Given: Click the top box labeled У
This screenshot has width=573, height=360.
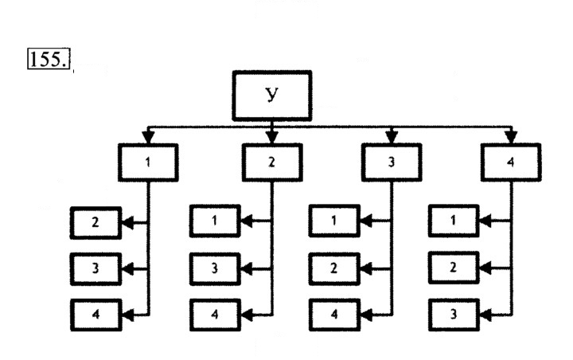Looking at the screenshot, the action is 272,96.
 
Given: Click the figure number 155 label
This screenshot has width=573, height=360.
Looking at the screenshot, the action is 49,58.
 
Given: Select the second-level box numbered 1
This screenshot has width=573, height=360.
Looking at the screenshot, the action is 148,162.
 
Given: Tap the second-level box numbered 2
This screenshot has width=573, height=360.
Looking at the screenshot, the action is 272,162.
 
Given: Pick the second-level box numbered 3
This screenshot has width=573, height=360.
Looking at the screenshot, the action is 392,162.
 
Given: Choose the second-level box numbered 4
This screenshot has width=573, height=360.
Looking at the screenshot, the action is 511,162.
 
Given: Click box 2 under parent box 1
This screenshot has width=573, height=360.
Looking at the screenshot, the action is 95,223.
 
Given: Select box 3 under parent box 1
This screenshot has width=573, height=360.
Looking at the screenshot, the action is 95,269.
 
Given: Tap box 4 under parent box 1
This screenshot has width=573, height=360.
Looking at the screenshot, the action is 95,315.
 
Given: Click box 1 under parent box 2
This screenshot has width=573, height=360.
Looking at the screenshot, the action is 215,221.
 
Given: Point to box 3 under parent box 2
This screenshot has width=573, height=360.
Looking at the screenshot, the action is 215,269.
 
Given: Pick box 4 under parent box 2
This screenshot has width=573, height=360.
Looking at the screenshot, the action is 215,315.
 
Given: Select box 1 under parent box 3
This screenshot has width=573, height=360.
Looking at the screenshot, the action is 334,221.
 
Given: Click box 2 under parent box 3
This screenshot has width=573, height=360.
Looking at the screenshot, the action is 334,269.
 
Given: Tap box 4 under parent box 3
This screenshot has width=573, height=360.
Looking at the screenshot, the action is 334,315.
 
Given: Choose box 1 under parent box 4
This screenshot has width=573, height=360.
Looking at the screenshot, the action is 454,221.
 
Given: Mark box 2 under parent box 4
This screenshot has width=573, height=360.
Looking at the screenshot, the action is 454,268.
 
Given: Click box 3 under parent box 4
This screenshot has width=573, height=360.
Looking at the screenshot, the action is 454,315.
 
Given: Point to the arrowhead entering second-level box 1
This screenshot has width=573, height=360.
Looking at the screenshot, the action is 148,137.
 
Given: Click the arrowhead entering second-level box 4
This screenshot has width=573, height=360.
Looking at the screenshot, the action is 511,137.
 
